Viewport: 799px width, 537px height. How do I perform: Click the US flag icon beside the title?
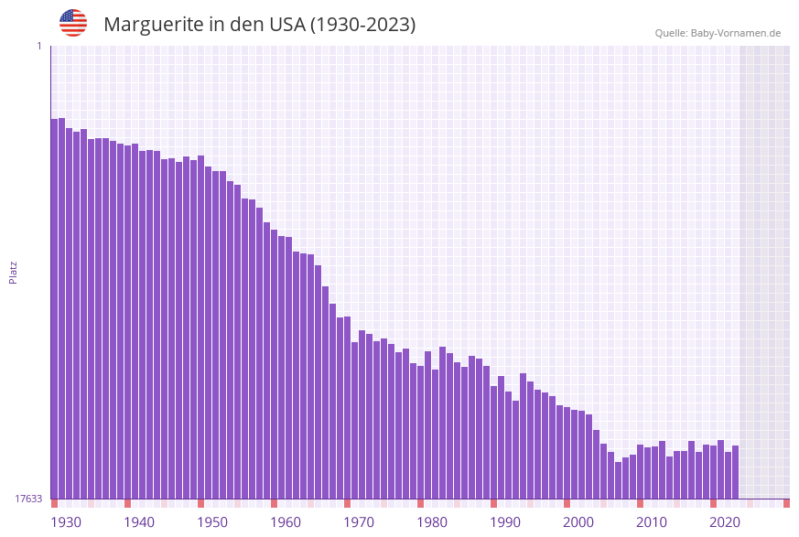point(73,23)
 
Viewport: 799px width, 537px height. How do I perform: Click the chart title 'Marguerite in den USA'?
point(259,25)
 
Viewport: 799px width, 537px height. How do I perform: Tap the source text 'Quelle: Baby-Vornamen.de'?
point(718,33)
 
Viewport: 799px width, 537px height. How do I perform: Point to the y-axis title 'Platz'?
point(14,272)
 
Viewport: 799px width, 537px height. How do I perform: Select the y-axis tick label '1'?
point(38,46)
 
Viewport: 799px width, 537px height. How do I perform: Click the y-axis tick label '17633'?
point(28,499)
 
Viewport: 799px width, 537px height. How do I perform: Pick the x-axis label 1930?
point(66,522)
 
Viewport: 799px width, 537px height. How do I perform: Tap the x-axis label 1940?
point(139,522)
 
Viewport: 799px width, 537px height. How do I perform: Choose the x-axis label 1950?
point(212,522)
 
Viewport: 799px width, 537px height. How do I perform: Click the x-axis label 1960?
point(286,522)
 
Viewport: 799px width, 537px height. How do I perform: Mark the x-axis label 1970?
point(359,522)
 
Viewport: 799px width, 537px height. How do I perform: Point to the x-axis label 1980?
point(432,522)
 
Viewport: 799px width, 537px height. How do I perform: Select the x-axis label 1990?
point(505,522)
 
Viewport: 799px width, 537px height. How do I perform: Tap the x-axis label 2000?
point(578,522)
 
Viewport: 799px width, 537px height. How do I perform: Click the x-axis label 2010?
point(652,522)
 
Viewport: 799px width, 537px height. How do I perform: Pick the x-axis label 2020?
point(725,522)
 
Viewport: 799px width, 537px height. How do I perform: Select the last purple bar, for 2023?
point(735,472)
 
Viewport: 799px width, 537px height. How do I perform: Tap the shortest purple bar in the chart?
point(618,480)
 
